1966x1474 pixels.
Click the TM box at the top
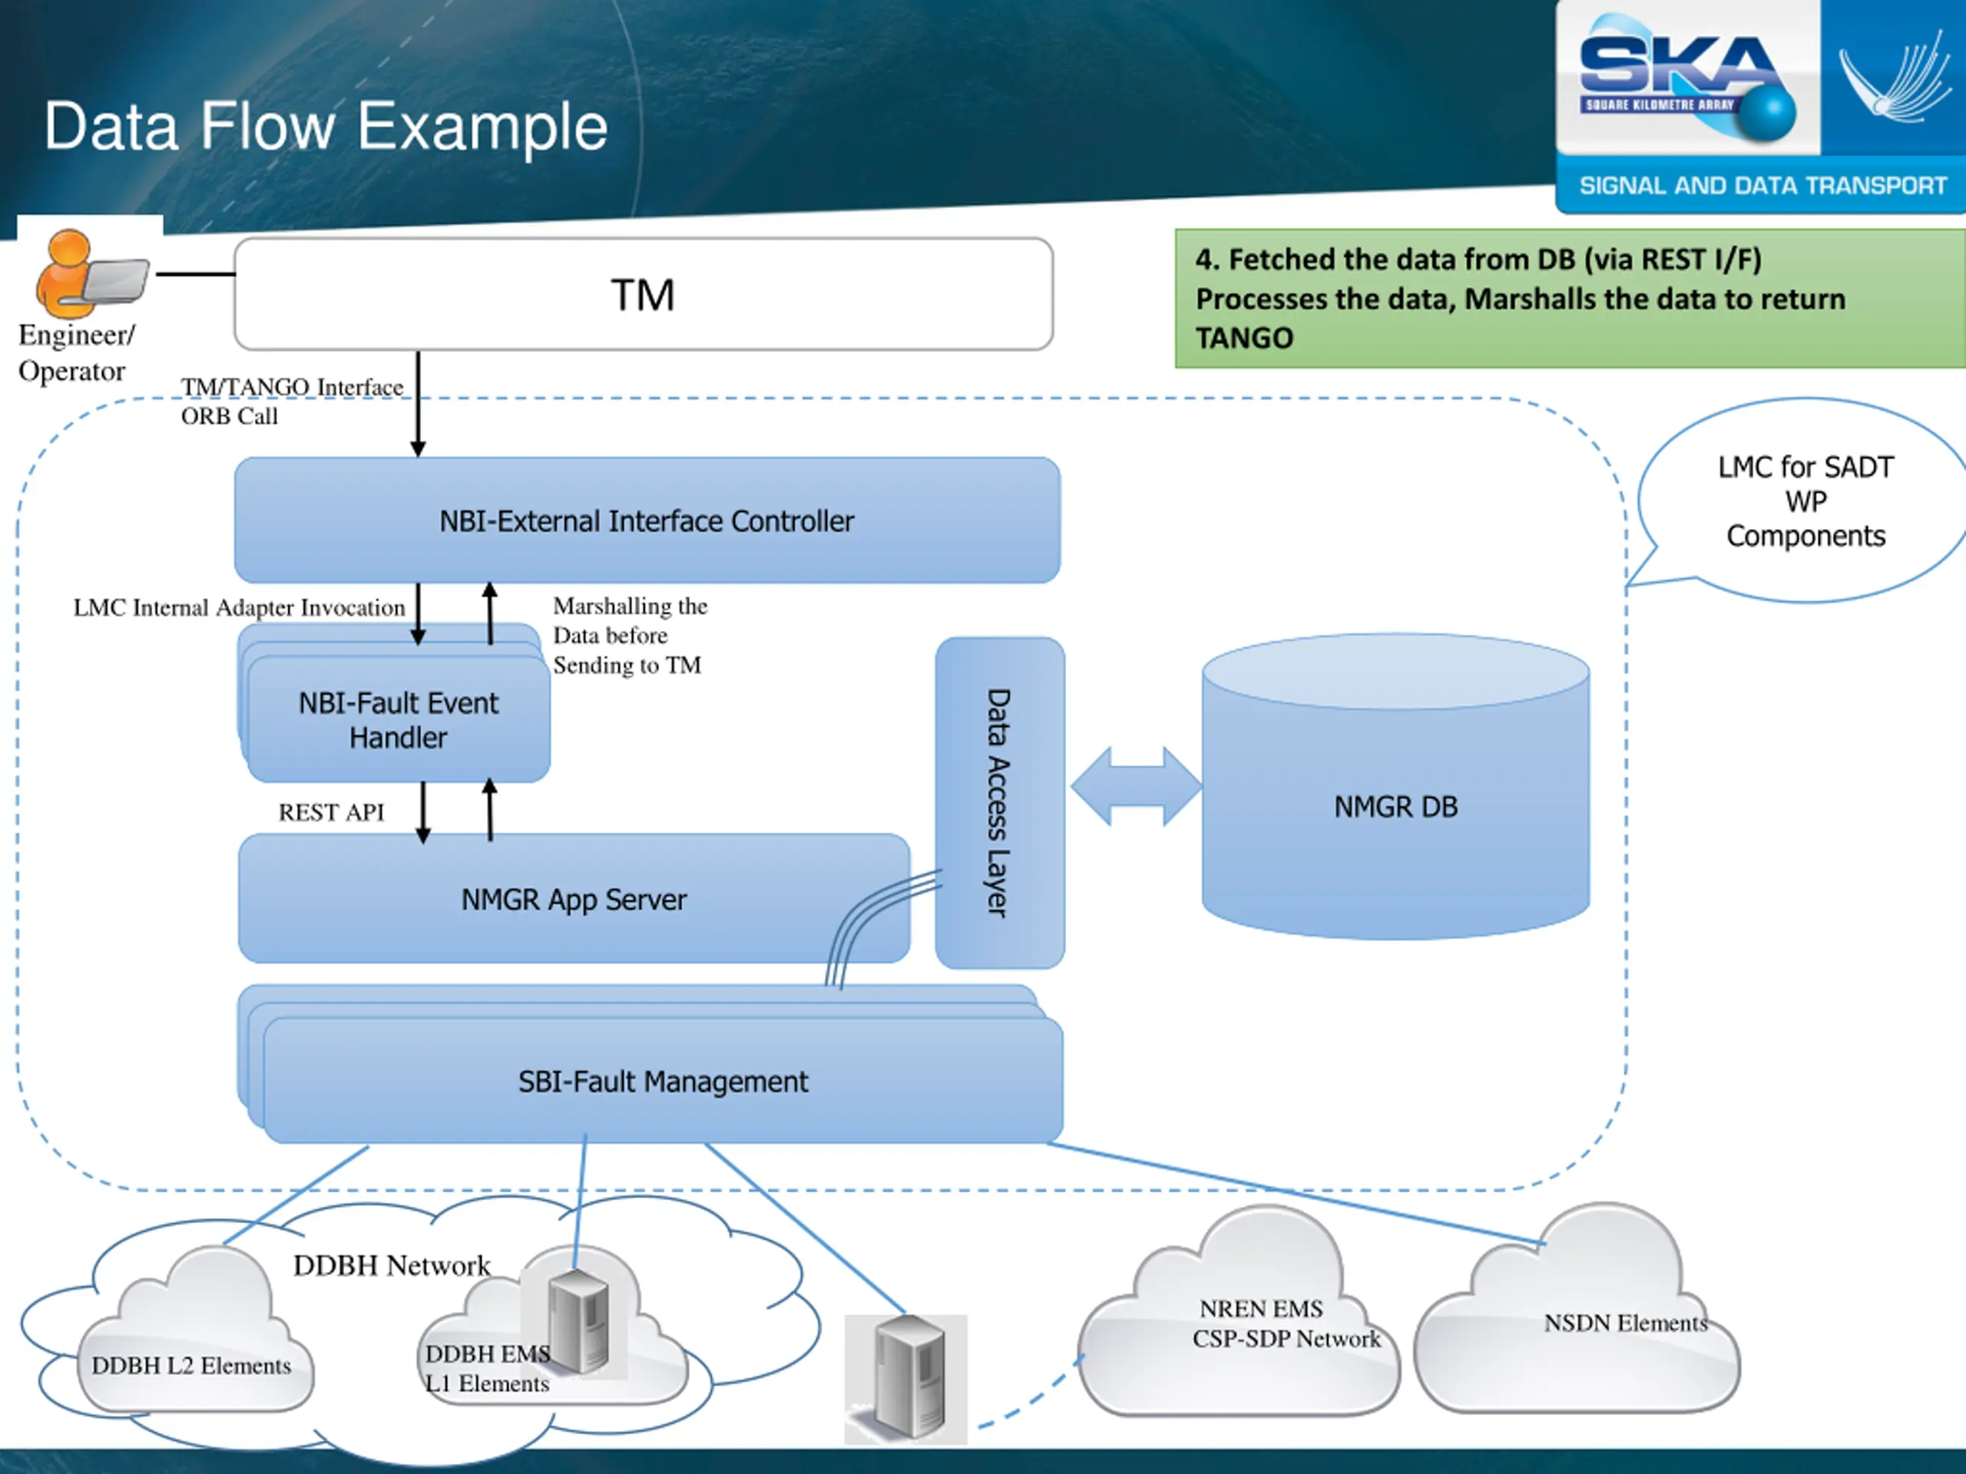644,294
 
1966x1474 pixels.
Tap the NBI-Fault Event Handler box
398,719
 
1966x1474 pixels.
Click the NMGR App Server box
573,899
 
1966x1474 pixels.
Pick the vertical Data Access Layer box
999,802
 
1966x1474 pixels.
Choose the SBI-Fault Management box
663,1081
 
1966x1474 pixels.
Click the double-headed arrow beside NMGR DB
1136,786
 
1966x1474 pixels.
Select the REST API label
332,812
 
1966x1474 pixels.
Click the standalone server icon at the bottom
906,1377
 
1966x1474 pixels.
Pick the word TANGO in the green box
1244,339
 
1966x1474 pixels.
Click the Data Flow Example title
326,126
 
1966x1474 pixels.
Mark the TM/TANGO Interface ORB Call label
292,401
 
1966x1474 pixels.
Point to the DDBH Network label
391,1265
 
